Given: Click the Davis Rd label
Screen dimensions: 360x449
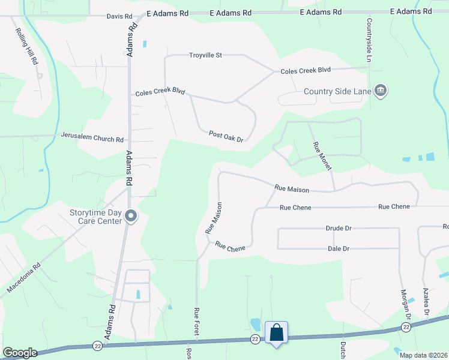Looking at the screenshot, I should [119, 16].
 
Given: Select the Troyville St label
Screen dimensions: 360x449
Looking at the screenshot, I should [205, 55].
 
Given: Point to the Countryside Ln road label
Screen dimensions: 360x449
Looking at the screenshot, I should [369, 40].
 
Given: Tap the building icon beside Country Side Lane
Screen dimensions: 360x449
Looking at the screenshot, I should [380, 91].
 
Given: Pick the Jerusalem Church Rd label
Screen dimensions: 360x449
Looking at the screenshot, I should [92, 137].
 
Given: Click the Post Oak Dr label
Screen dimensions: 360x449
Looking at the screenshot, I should [226, 137].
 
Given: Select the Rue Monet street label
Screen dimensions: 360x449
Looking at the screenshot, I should [322, 156].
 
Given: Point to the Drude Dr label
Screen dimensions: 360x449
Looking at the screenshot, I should [339, 229].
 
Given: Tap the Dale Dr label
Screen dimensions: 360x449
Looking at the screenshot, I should [339, 248].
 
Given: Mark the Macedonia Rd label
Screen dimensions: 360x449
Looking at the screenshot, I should [23, 277].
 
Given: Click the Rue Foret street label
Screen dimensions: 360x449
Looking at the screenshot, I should [196, 320].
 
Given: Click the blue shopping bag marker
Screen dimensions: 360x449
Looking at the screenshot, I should [276, 332].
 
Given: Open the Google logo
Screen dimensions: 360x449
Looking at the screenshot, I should [19, 353].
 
